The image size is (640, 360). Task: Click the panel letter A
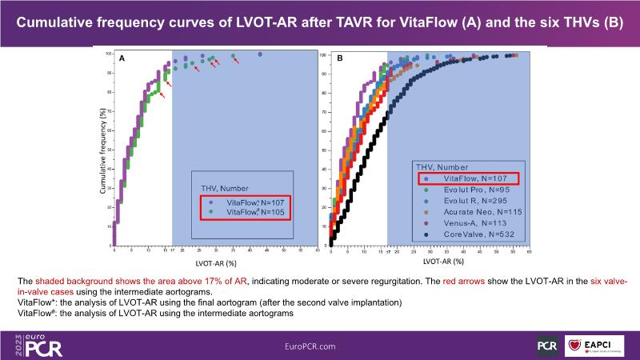tap(122, 59)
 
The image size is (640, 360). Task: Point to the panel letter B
tap(339, 59)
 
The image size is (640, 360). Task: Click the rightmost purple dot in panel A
tap(261, 54)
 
